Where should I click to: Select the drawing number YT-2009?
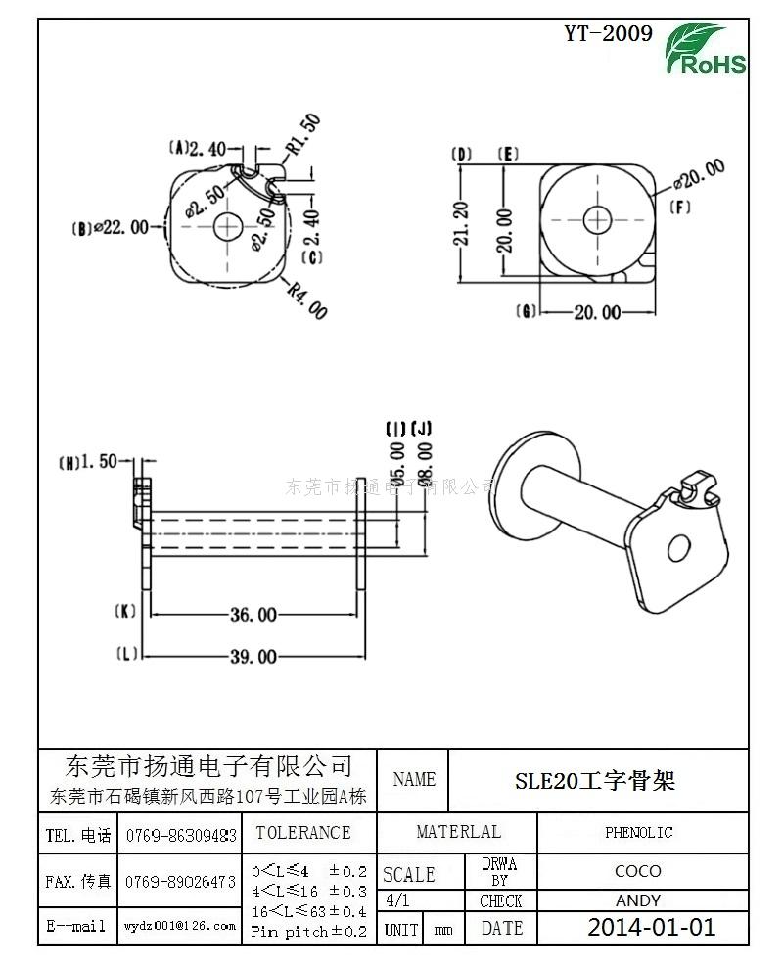pyautogui.click(x=608, y=34)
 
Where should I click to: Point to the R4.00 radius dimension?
pyautogui.click(x=307, y=299)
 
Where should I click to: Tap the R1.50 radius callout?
pyautogui.click(x=303, y=135)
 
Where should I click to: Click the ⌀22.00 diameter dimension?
pyautogui.click(x=119, y=227)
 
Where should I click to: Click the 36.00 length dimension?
pyautogui.click(x=253, y=615)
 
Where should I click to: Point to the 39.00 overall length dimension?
pyautogui.click(x=253, y=656)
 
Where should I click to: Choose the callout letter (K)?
pyautogui.click(x=125, y=612)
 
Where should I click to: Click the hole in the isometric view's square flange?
pyautogui.click(x=676, y=548)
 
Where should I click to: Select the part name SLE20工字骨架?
pyautogui.click(x=595, y=780)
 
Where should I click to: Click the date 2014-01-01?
pyautogui.click(x=651, y=927)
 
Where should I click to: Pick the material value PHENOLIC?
pyautogui.click(x=638, y=832)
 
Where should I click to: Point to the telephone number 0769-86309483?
pyautogui.click(x=180, y=835)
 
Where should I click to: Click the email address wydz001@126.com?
pyautogui.click(x=180, y=926)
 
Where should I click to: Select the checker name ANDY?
pyautogui.click(x=637, y=900)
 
